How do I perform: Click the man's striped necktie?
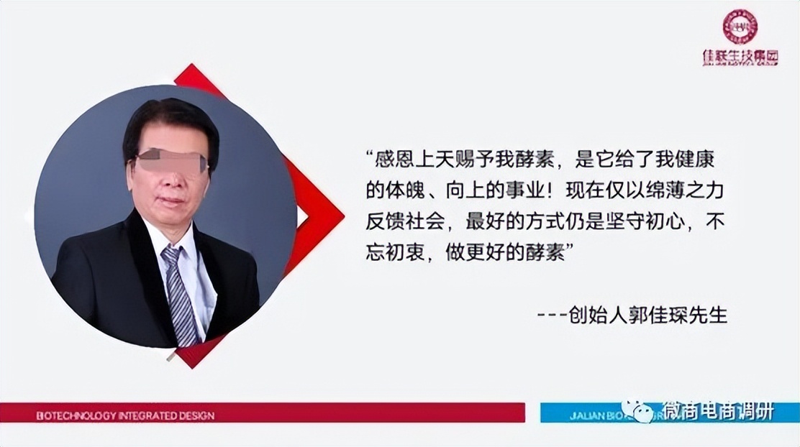click(x=180, y=295)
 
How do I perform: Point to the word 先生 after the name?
click(x=709, y=315)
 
